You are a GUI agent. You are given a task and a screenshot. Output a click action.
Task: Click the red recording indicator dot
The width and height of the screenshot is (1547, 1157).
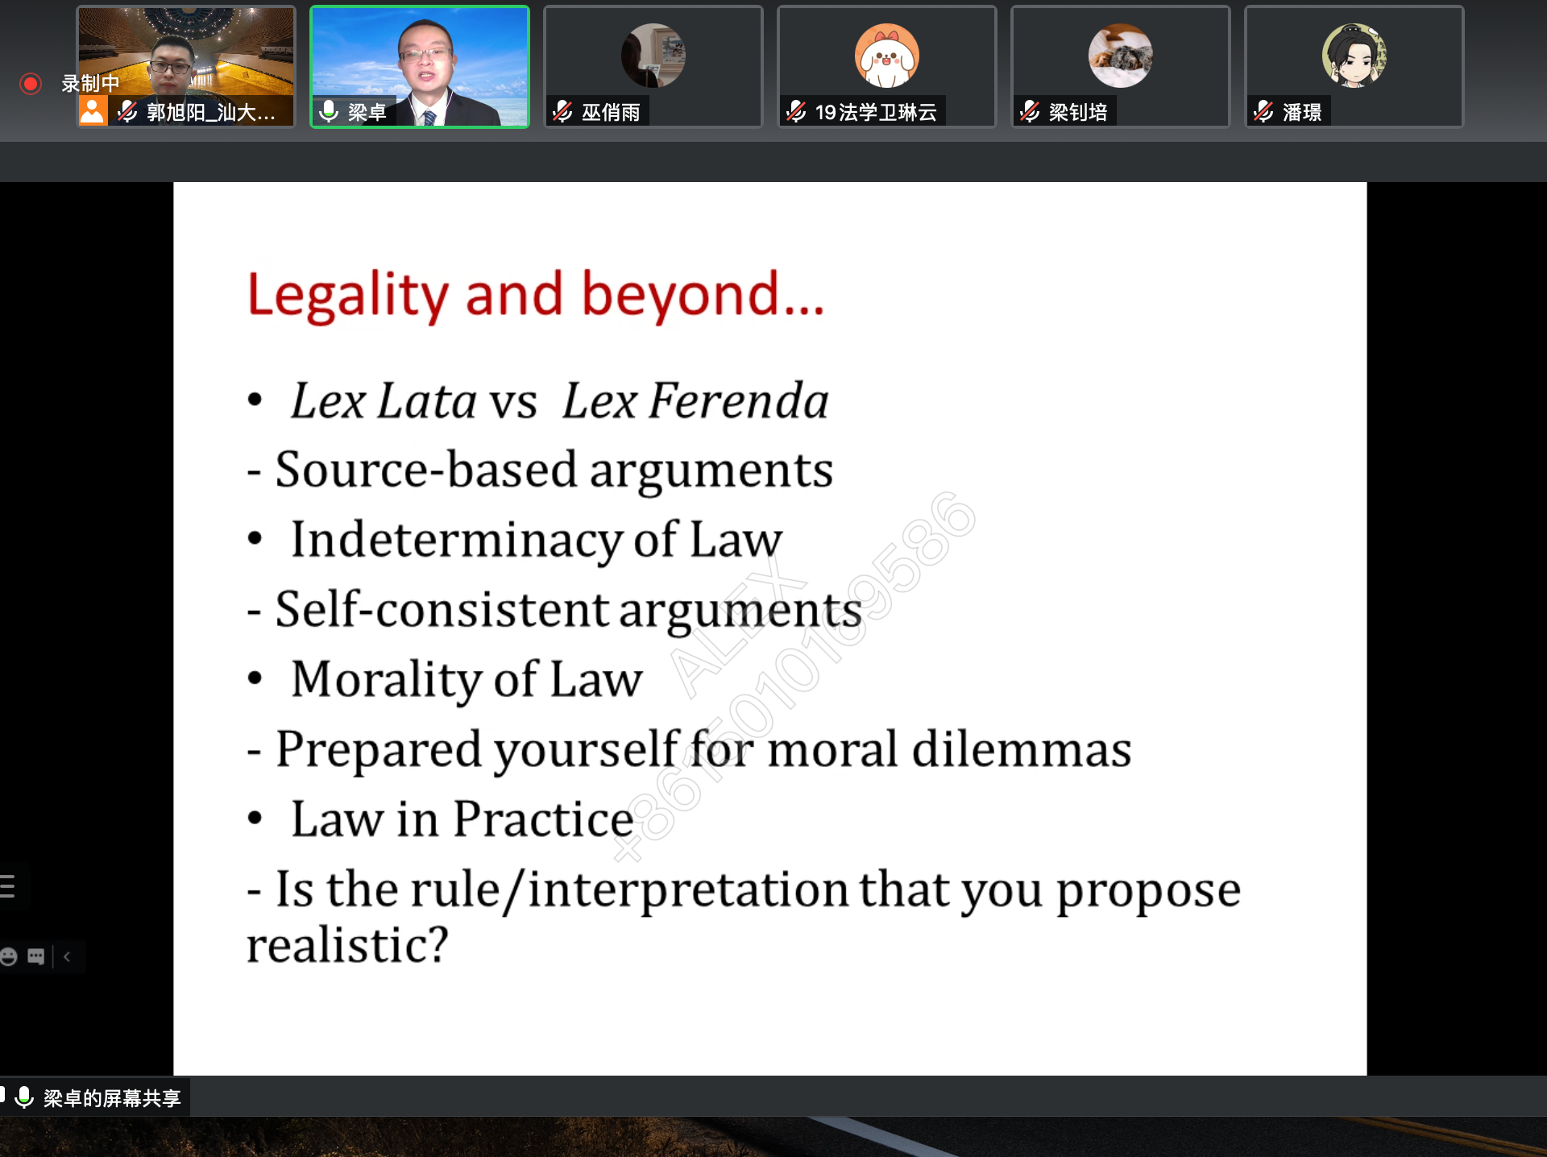tap(31, 84)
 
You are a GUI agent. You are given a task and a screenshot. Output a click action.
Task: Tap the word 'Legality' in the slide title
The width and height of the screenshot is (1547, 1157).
tap(347, 295)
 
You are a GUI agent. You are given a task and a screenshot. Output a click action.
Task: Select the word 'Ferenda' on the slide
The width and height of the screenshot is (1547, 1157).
tap(738, 400)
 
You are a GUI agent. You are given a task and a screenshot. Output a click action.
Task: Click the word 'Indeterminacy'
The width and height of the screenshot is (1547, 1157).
tap(456, 540)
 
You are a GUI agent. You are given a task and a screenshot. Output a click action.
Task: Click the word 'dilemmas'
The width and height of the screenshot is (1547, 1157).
tap(1022, 749)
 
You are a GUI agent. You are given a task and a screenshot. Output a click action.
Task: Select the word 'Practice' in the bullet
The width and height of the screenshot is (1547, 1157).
tap(543, 819)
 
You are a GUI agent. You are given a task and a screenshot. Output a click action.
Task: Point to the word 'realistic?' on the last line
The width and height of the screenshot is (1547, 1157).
tap(347, 944)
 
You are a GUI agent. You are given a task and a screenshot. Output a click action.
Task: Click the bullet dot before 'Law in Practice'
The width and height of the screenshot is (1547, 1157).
tap(255, 819)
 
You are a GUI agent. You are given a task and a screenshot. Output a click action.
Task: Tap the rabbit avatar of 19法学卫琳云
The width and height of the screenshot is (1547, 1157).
tap(886, 56)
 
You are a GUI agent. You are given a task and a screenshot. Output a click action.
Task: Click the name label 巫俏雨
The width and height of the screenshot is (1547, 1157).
tap(611, 112)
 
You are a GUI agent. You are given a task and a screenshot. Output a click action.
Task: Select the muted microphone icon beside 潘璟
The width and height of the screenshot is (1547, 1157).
tap(1263, 111)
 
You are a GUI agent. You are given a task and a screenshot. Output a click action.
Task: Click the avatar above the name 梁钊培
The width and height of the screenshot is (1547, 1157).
tap(1120, 56)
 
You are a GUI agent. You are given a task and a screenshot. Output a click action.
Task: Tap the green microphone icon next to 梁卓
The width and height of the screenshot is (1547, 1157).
tap(328, 111)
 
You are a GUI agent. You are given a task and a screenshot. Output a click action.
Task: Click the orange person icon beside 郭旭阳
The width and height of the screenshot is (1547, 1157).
tap(93, 111)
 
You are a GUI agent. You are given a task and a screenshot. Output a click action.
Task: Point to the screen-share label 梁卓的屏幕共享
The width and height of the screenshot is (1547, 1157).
tap(112, 1097)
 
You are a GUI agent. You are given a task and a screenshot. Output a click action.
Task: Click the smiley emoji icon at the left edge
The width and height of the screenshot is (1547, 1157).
tap(9, 956)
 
